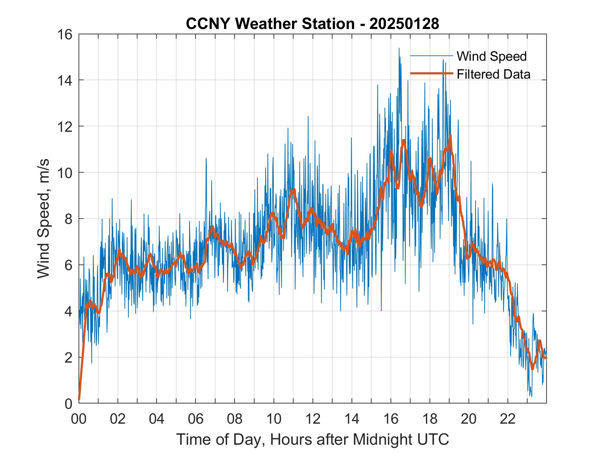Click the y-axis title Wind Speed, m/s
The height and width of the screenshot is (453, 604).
[43, 218]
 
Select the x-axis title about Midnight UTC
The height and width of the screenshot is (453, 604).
[312, 439]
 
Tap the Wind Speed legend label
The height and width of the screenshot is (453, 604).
[491, 56]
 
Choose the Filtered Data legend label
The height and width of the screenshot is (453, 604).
[494, 74]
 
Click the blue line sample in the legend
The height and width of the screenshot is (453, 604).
[431, 56]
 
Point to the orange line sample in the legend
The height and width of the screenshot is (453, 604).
[431, 74]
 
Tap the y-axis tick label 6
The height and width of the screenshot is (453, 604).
[68, 265]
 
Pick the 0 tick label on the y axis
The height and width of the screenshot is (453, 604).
[68, 403]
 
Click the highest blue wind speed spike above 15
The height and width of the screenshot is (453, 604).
[399, 49]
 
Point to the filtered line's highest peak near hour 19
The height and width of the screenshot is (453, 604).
[450, 135]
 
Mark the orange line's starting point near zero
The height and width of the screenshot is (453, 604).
[79, 399]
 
